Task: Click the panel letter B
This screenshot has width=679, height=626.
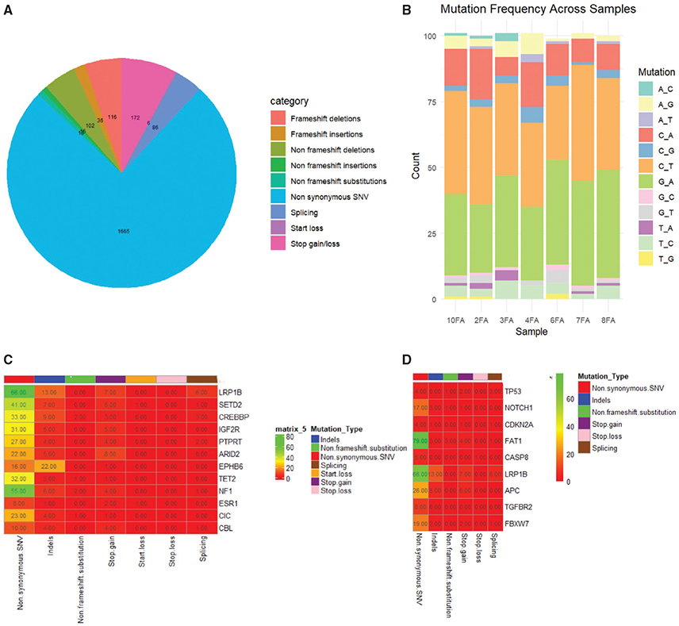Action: point(408,11)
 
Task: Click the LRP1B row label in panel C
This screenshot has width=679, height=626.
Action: point(232,390)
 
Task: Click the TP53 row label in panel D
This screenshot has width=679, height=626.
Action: point(516,391)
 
